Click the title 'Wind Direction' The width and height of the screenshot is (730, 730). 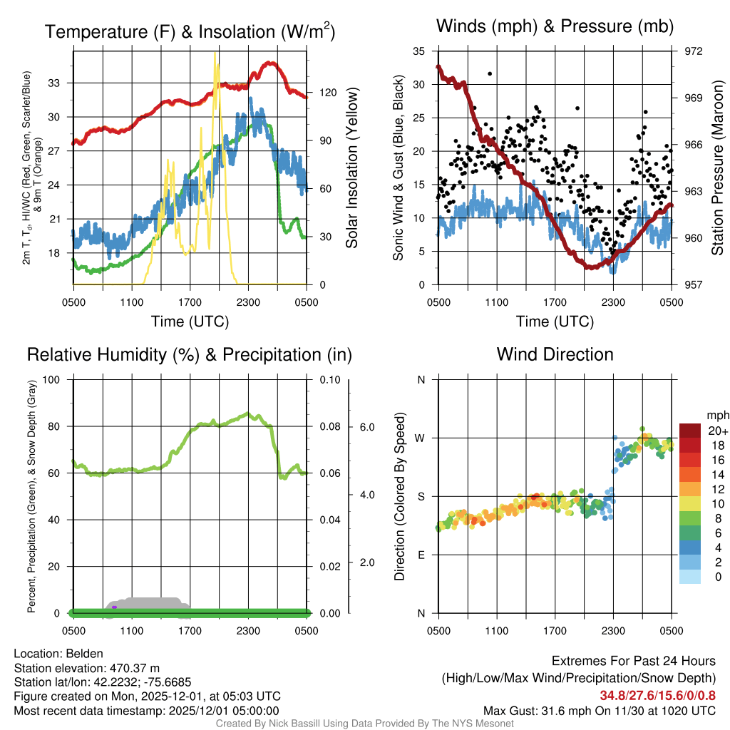coord(555,354)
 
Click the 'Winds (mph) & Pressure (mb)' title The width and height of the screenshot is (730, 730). coord(555,27)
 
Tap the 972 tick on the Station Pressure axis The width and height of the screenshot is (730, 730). coord(694,51)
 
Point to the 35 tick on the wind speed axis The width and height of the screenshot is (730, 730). coord(419,51)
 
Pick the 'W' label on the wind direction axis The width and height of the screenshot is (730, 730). coord(421,438)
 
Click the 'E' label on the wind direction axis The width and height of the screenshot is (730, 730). coord(421,555)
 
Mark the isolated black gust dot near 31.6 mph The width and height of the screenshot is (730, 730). coord(490,73)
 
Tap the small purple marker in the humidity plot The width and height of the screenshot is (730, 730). coord(114,607)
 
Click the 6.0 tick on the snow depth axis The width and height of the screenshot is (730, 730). coord(366,427)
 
